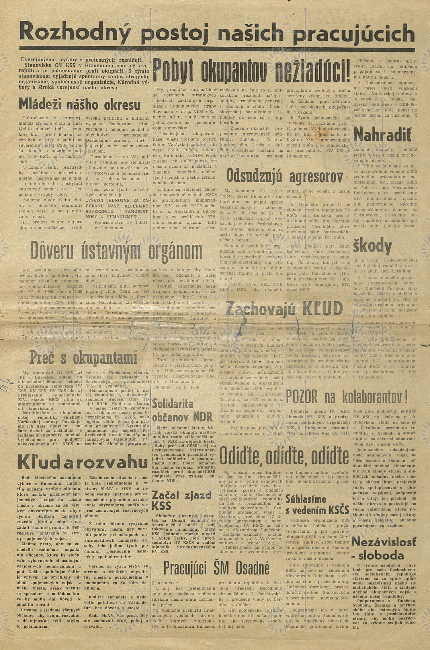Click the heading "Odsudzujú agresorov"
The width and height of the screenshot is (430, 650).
[285, 174]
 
